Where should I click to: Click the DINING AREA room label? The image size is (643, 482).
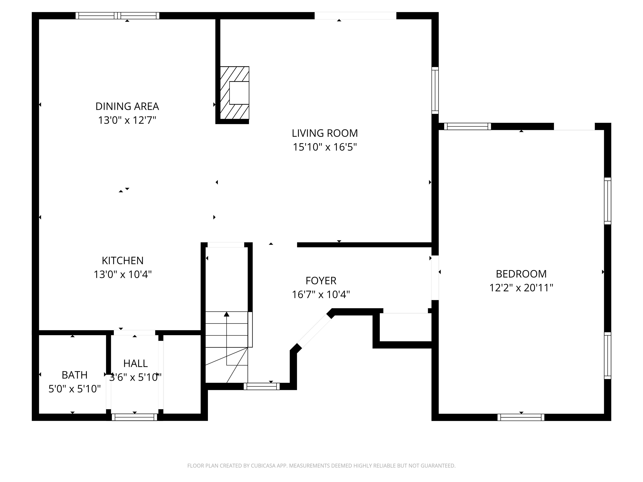[127, 106]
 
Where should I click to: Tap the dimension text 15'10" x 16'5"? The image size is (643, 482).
[324, 147]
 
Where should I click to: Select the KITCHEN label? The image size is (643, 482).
[122, 261]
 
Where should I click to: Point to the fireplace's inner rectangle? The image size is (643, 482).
[239, 93]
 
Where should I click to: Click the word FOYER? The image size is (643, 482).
[321, 281]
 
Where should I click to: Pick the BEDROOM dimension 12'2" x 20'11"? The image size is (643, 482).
[521, 288]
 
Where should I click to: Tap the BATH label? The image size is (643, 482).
[75, 375]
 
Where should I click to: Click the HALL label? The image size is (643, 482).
[135, 363]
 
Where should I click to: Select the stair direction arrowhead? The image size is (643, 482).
[226, 314]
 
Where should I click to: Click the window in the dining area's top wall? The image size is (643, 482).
[117, 16]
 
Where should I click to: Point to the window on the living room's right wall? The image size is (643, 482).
[435, 90]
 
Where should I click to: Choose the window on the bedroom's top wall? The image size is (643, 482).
[467, 126]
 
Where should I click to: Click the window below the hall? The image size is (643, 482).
[134, 417]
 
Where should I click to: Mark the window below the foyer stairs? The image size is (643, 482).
[261, 386]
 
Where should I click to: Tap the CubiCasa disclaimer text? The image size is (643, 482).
[321, 466]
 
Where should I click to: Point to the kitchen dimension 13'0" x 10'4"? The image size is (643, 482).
[122, 274]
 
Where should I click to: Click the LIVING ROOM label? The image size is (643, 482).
[324, 133]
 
